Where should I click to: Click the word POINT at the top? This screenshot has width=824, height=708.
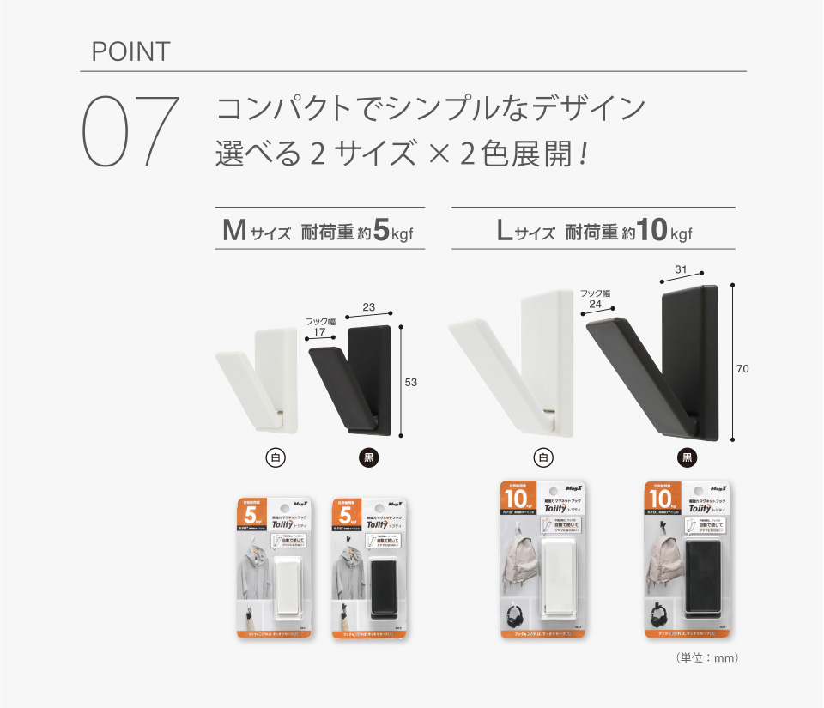click(x=130, y=51)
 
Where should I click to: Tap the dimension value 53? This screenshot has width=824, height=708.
click(x=410, y=382)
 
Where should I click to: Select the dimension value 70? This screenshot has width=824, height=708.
click(x=742, y=369)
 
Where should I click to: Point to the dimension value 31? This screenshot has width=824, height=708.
click(x=681, y=270)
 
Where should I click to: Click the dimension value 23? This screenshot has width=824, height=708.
click(x=368, y=306)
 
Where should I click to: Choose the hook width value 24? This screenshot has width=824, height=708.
click(x=594, y=304)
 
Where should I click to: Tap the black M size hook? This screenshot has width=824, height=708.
click(x=352, y=378)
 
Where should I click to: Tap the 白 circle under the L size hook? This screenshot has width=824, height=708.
click(x=542, y=457)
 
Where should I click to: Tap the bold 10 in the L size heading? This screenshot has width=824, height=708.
click(x=652, y=231)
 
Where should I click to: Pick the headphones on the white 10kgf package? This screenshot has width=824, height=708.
click(x=517, y=615)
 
